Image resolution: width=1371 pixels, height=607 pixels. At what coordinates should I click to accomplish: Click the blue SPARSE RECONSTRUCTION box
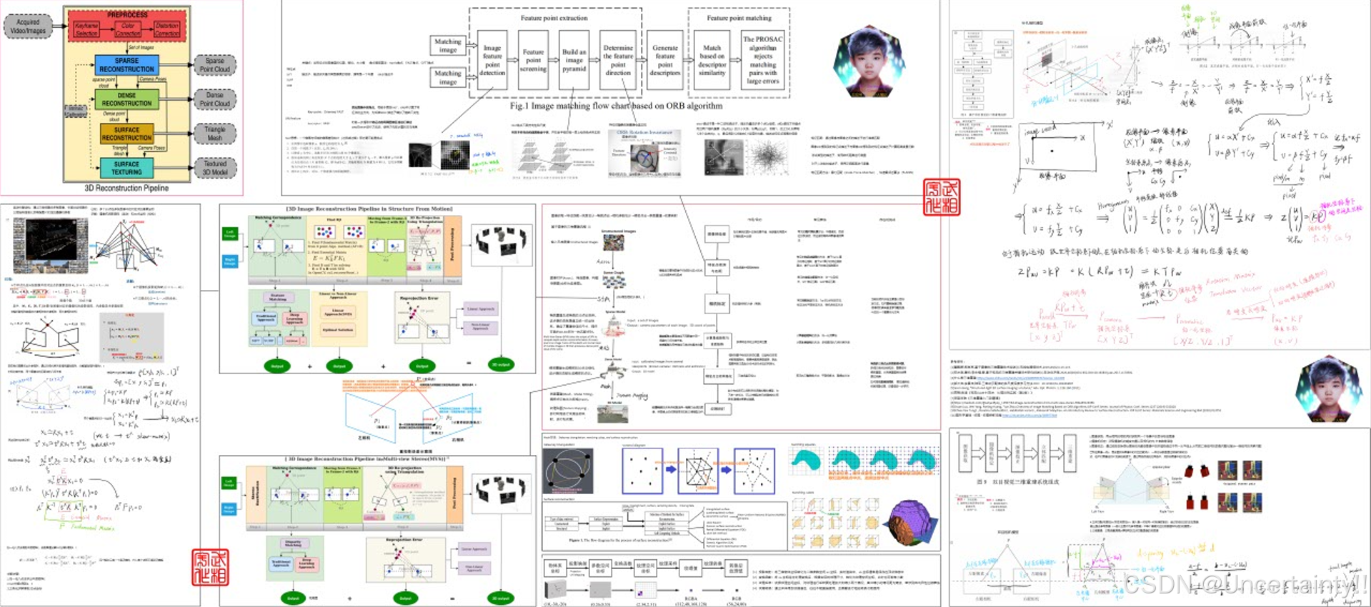point(126,65)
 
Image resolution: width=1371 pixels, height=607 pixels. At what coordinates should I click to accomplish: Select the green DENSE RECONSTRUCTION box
point(126,99)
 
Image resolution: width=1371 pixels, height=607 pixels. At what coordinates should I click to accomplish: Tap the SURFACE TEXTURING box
point(126,168)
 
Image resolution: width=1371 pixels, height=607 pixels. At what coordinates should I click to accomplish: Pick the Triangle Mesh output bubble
point(215,133)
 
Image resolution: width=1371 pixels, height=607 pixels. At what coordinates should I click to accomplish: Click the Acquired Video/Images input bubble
point(29,26)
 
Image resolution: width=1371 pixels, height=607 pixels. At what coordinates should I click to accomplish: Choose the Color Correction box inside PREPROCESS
point(128,29)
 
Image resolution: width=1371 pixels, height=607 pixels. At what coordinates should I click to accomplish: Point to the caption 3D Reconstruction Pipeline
point(126,189)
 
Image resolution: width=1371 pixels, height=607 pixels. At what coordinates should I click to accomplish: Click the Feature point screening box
point(533,61)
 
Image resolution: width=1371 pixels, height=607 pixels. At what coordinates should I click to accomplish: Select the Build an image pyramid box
point(574,61)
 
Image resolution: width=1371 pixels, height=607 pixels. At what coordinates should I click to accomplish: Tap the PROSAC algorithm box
point(763,61)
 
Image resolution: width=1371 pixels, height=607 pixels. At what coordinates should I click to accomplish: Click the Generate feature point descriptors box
point(665,61)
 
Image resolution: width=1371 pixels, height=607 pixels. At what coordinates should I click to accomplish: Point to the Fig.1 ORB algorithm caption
point(615,106)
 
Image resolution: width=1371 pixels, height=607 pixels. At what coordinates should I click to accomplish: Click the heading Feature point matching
point(739,18)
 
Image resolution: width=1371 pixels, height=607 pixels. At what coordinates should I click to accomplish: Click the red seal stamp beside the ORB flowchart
point(942,197)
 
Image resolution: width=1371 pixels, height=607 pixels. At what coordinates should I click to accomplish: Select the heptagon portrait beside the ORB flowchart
point(869,62)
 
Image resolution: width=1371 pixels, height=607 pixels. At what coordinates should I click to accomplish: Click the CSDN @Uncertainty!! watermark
point(1243,585)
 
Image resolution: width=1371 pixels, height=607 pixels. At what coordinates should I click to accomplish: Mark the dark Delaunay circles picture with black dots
point(568,471)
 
